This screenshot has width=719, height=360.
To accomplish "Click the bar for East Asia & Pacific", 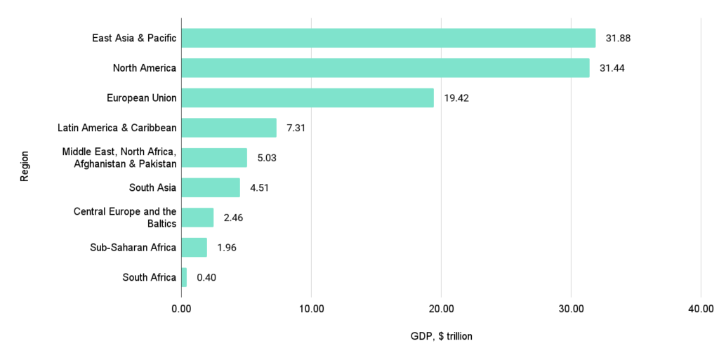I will [388, 38].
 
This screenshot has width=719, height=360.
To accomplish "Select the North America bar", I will [385, 68].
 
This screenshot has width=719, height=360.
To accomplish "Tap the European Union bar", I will [308, 98].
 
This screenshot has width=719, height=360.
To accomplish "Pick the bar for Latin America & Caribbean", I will [229, 128].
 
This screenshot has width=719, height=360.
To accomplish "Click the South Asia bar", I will [211, 187].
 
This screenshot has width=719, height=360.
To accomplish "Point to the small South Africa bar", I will [184, 277].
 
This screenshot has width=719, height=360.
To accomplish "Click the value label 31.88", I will [618, 38].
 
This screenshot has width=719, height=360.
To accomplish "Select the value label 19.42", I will [456, 98].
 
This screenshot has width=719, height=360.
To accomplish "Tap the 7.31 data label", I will [296, 128].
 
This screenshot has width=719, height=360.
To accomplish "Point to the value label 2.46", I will [233, 218].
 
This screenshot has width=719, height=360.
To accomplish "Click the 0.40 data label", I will [206, 277].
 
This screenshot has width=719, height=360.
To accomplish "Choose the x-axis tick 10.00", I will [311, 309].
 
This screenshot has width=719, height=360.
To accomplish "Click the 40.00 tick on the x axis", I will [700, 309].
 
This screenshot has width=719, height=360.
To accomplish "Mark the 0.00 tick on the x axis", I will [181, 309].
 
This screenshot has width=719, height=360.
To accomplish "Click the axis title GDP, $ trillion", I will [441, 336].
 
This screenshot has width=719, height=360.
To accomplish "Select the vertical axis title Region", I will [25, 166].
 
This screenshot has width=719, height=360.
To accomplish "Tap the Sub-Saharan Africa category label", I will [133, 247].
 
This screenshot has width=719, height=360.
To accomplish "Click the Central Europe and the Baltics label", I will [125, 217].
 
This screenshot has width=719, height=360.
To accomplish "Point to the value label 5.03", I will [267, 158].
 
